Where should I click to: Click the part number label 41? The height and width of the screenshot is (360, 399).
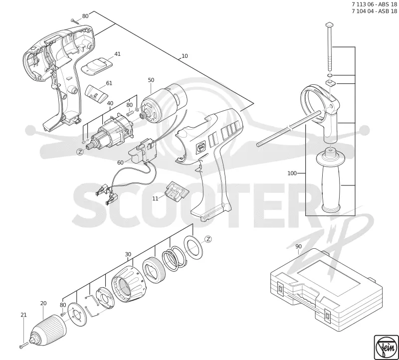(117, 54)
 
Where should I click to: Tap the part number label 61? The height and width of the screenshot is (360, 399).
(109, 83)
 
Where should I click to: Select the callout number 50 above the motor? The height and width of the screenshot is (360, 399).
(151, 80)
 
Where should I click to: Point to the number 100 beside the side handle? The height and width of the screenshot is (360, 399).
(292, 173)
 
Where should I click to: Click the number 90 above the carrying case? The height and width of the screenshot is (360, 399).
(298, 246)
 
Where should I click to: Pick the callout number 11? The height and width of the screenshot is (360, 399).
(155, 198)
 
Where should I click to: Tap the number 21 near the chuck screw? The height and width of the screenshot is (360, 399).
(23, 315)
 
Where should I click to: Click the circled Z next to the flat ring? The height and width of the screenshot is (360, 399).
(208, 239)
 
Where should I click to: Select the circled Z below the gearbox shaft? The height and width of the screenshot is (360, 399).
(80, 152)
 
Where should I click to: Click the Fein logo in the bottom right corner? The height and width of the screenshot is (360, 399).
(386, 348)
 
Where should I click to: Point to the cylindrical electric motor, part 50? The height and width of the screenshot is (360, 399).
(164, 104)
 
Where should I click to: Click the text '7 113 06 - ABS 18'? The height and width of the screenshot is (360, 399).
(374, 4)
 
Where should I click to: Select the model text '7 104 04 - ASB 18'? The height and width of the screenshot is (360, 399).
(374, 11)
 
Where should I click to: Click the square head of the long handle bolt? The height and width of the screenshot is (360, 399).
(329, 24)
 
